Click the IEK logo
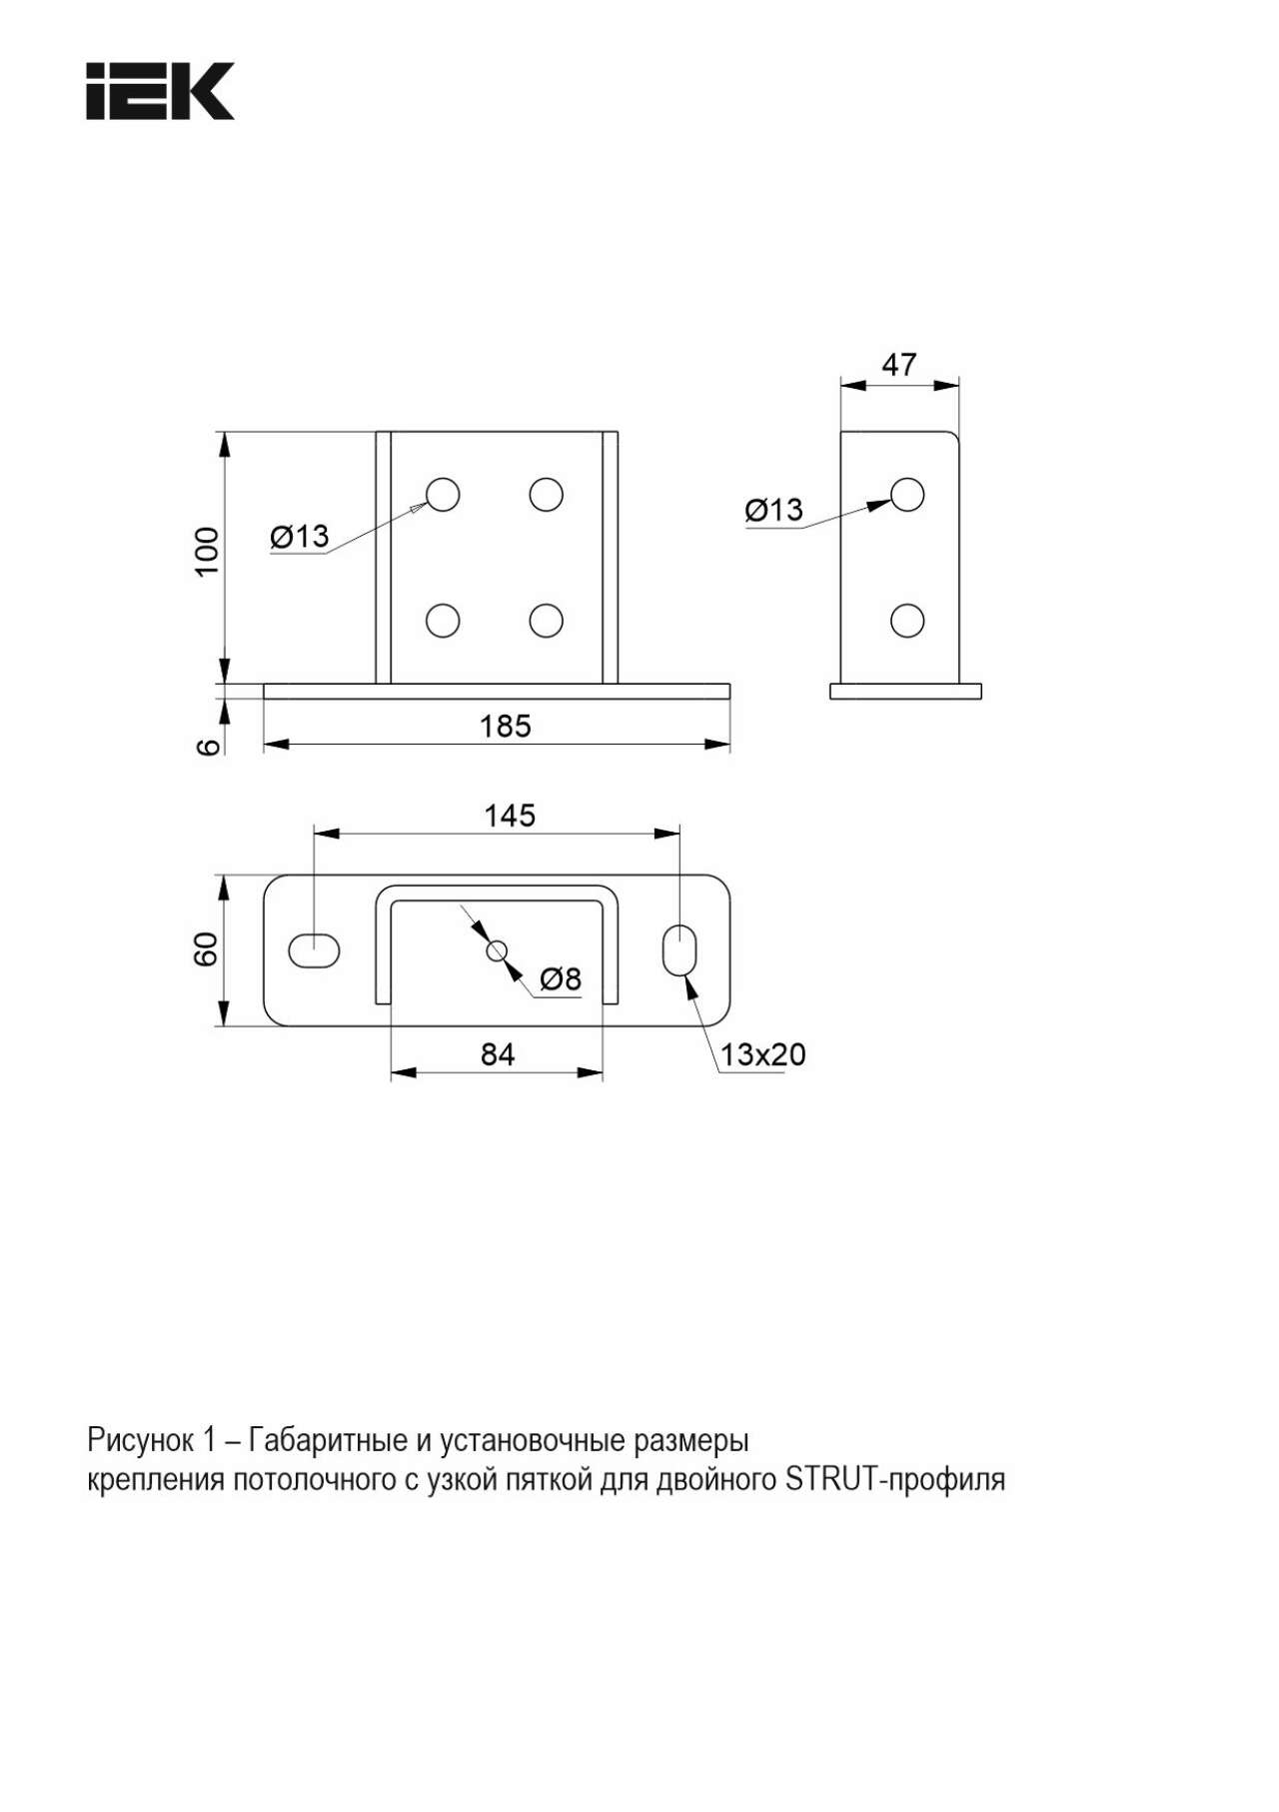(160, 91)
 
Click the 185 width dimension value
(506, 726)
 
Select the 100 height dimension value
(206, 551)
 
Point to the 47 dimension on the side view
(898, 365)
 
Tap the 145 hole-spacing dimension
(510, 816)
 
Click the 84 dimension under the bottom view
(498, 1054)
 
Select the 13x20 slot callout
(763, 1054)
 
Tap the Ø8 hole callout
(561, 979)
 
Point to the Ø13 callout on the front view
(300, 537)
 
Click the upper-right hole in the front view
(547, 494)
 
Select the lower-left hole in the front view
(443, 621)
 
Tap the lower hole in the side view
(907, 621)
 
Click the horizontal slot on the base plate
(314, 950)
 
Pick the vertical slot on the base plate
(680, 950)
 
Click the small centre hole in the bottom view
(497, 950)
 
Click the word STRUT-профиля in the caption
(895, 1478)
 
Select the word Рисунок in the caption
(141, 1441)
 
